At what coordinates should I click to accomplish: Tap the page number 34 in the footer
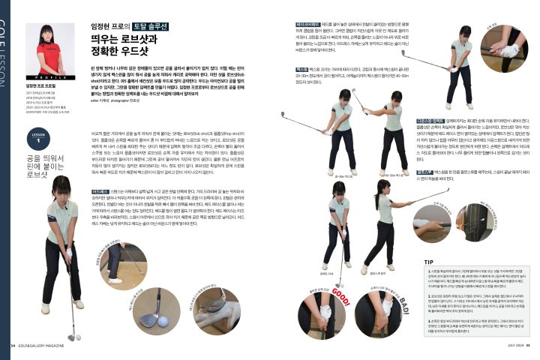click(x=13, y=346)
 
